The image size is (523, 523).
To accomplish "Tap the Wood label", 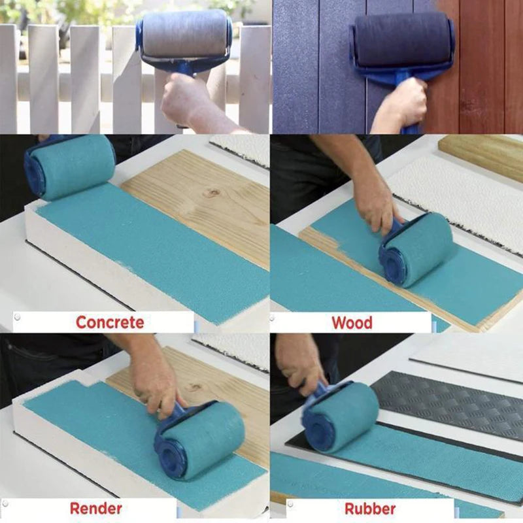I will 352,322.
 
